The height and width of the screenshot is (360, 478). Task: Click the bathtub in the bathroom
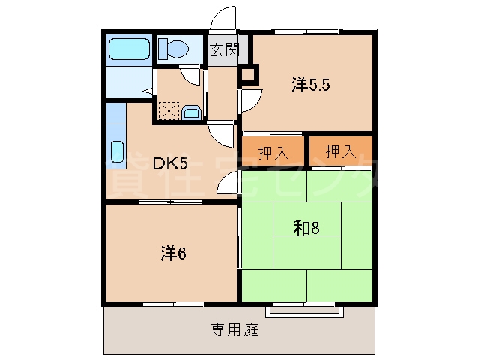coord(129,49)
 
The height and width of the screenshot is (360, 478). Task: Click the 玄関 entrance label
coord(223,51)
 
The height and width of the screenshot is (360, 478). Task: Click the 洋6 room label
coord(172,253)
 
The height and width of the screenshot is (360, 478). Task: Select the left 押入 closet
coord(273,152)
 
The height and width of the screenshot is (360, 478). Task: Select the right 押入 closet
coord(340,152)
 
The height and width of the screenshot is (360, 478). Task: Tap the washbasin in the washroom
coord(191,113)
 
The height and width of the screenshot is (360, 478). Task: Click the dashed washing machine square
coord(169,111)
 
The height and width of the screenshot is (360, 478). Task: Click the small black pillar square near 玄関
coord(247,75)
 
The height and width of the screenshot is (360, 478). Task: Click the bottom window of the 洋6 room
coord(173,303)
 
